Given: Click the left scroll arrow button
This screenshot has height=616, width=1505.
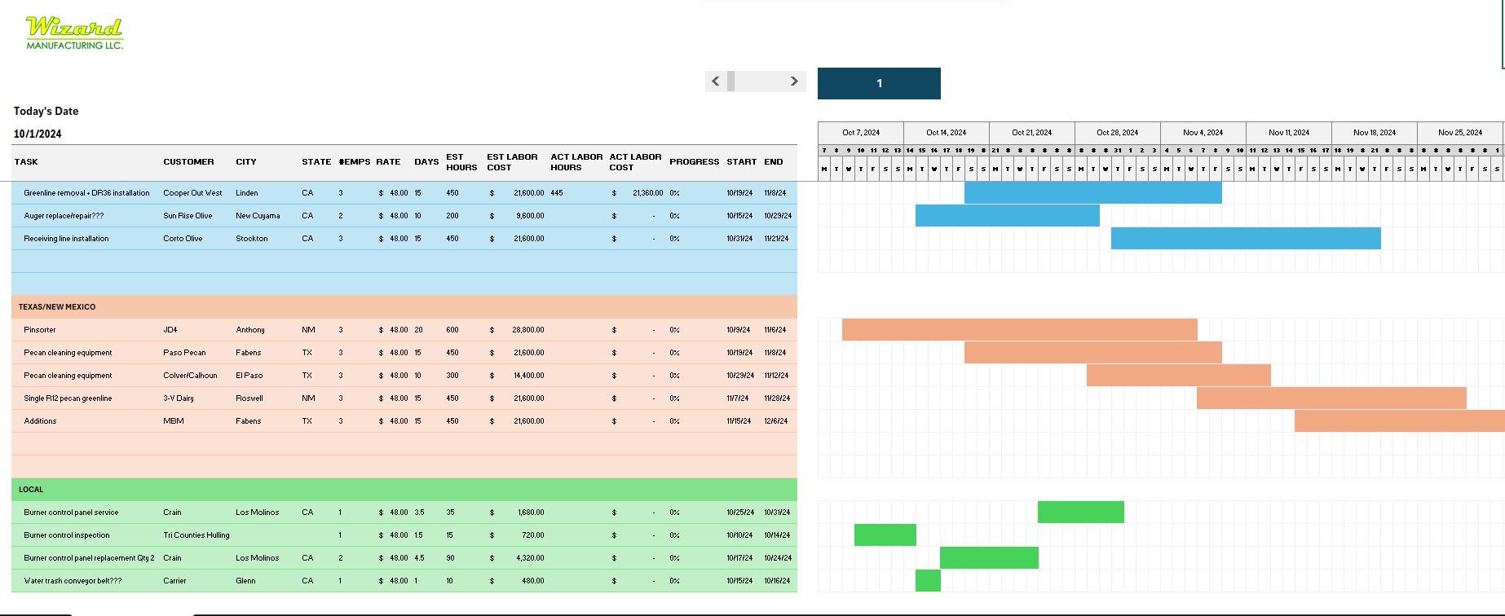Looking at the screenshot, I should coord(715,81).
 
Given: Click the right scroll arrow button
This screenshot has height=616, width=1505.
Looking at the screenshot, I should coord(794,81).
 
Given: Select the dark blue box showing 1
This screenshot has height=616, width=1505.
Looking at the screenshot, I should coord(879,83).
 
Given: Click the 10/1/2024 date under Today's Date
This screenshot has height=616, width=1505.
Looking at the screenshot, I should coord(38,134).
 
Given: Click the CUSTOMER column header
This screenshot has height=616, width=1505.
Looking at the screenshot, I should coord(188,162).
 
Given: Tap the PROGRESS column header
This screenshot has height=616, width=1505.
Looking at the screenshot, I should coord(694,162).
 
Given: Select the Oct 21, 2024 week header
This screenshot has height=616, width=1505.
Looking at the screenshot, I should coord(1031,133).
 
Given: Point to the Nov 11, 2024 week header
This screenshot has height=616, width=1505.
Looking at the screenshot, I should coord(1288,133).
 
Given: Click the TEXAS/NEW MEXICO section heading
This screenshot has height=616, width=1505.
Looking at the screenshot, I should coord(57,307).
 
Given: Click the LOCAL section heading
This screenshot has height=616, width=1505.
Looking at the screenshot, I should coord(31,490).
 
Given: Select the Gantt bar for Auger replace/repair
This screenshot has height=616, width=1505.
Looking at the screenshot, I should coord(1007,216).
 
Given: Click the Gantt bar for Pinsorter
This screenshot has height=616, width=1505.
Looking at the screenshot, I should coord(1019,330).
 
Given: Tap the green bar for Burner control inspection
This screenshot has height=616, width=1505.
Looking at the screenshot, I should coord(885,535).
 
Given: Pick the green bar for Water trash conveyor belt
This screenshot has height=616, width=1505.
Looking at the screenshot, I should coord(928,581).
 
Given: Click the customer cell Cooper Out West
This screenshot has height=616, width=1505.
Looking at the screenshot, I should coord(192,193).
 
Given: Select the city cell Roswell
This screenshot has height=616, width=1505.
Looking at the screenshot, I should coord(249,398).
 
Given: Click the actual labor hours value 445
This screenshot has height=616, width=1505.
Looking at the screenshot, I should coord(557,193).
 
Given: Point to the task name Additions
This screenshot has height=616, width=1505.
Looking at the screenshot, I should coord(40,421).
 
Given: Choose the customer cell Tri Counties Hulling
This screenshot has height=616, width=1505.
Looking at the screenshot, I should coord(196,535).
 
